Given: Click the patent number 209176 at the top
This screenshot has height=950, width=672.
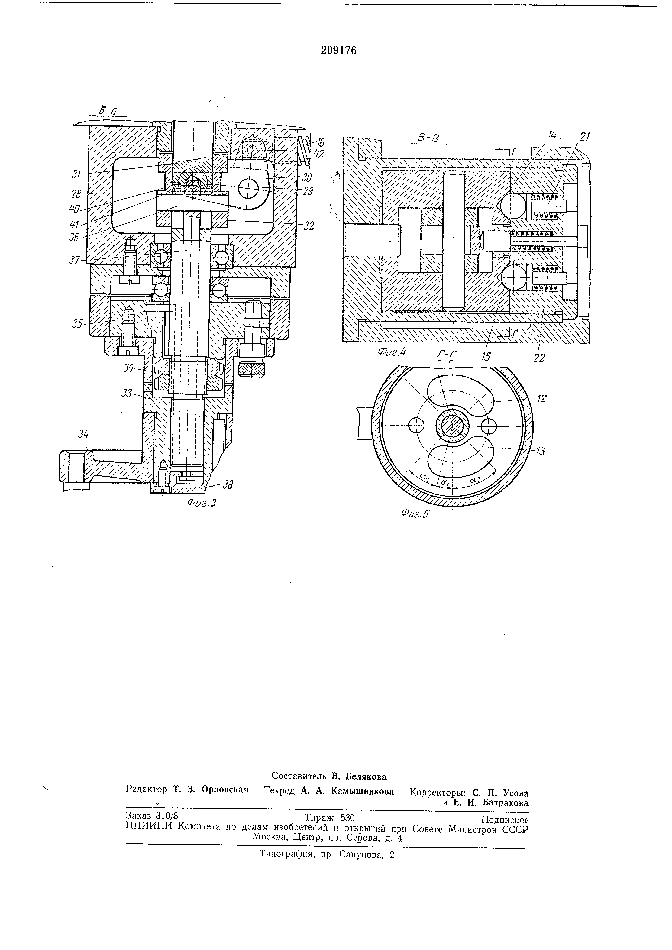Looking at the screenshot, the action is pyautogui.click(x=338, y=50).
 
